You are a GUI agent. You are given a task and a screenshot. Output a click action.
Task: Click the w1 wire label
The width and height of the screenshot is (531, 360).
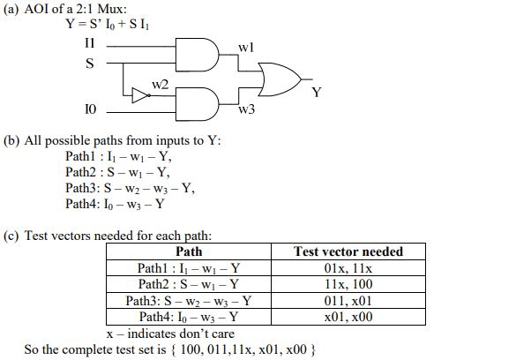coord(247,45)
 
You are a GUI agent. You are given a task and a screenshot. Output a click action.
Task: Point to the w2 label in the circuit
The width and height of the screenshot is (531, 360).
coord(159,84)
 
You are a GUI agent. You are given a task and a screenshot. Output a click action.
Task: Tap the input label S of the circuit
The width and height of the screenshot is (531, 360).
coord(89,63)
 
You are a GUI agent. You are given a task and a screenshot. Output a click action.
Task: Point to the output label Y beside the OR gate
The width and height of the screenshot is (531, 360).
coord(315,90)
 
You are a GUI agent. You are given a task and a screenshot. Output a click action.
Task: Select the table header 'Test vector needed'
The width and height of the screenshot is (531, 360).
coord(348,251)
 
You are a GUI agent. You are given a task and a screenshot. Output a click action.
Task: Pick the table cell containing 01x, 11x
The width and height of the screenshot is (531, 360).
coord(348,267)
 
